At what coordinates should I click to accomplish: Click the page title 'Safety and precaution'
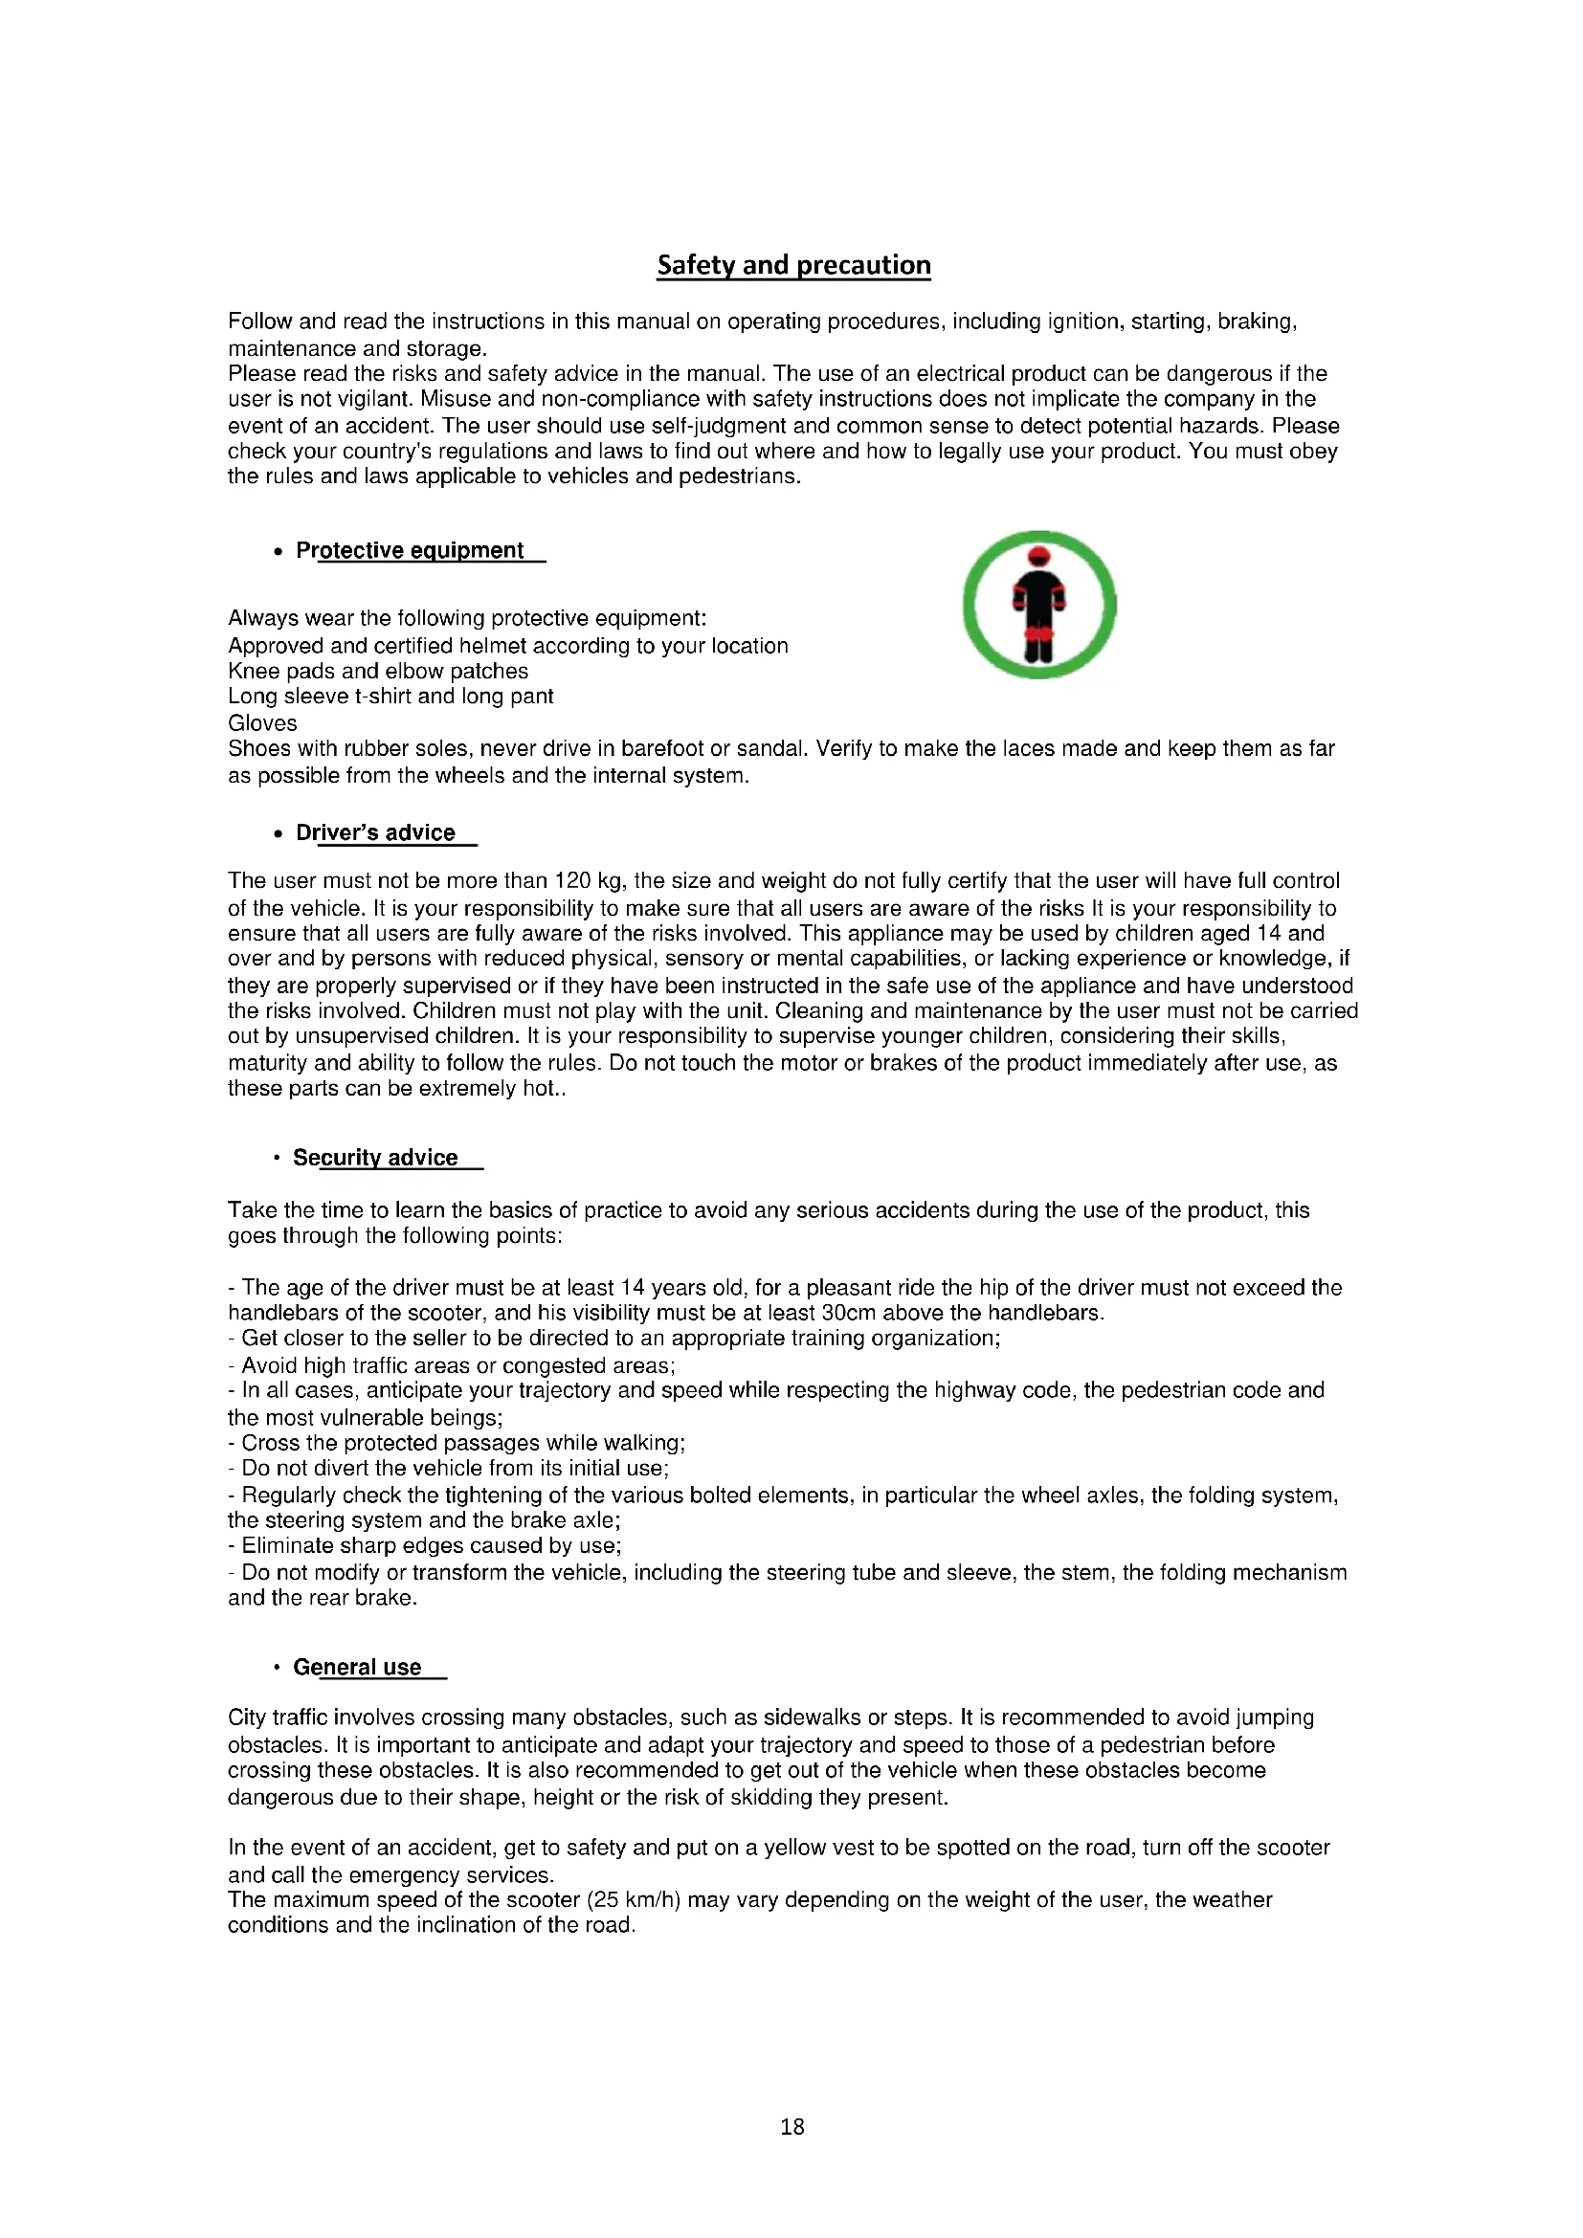793,265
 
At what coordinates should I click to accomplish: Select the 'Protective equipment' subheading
410,551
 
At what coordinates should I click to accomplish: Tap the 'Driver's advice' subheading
375,833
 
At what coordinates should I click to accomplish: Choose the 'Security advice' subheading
375,1158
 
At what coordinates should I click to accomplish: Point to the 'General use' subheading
357,1668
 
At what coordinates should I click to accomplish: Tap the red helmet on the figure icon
1039,557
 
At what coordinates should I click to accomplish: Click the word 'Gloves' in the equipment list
262,723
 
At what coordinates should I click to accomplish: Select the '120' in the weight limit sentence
573,881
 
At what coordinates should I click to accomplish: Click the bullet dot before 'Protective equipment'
278,552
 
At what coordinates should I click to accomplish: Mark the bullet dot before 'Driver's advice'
278,834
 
